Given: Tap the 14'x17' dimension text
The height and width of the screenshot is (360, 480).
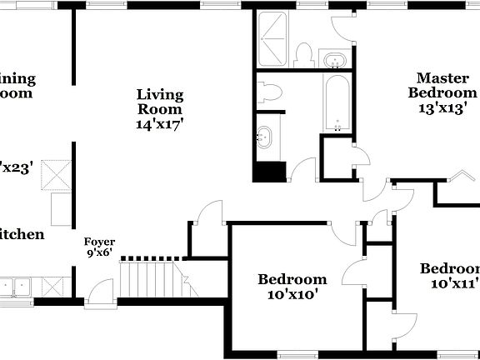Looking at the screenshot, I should pos(160,123).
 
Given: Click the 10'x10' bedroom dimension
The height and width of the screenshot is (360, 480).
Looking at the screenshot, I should pos(291,293).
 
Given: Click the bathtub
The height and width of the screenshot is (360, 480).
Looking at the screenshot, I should pos(337,104).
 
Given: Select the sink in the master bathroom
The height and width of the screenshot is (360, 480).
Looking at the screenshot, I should pos(334,60).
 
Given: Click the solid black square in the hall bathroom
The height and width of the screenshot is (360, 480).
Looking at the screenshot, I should pos(269,172).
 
